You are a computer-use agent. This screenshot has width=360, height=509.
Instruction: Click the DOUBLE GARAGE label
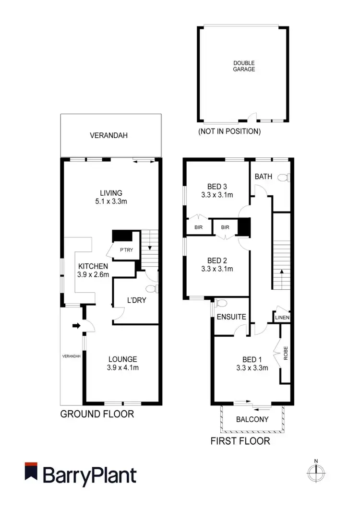point(244,66)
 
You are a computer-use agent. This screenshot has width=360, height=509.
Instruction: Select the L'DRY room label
point(136,300)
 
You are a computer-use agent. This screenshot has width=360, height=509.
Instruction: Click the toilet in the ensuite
point(221,303)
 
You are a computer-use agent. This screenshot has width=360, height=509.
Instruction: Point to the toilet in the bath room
point(287,178)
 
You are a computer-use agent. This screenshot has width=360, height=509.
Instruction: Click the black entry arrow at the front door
point(76,326)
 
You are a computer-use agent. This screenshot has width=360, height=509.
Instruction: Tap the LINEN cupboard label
point(281,318)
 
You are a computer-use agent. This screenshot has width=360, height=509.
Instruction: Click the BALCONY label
point(252,419)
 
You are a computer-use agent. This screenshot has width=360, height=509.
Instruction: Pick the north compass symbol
point(316,473)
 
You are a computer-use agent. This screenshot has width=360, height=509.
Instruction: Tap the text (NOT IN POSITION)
point(229,131)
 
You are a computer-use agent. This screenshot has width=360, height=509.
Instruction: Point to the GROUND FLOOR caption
point(96,414)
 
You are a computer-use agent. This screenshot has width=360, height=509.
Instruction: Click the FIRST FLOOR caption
point(240,441)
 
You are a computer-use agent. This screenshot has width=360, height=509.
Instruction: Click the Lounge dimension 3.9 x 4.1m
point(122,368)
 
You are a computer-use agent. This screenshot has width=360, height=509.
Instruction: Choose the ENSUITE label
point(231,317)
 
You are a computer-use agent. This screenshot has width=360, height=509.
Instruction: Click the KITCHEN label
point(94,266)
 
